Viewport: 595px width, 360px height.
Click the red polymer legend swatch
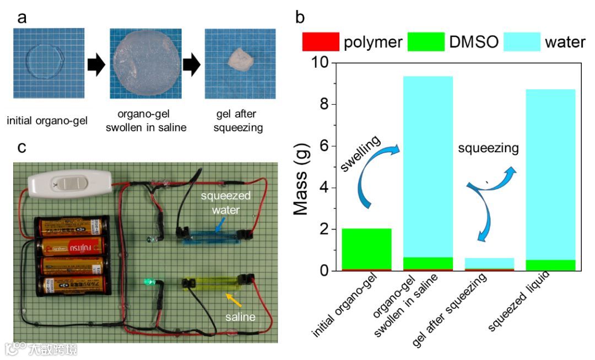click(320, 41)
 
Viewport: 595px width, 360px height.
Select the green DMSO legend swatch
click(425, 41)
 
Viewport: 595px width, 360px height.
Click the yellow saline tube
click(212, 284)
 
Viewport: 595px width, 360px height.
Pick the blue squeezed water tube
click(212, 235)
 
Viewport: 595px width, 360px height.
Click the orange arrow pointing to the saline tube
click(234, 299)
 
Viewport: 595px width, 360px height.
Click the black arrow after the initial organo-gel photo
click(96, 66)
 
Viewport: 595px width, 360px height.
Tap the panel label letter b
click(300, 17)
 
